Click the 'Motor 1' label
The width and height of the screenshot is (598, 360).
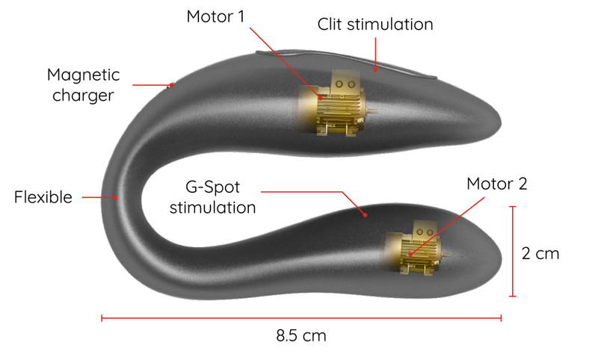(x=215, y=16)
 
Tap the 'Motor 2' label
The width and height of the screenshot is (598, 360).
(x=497, y=184)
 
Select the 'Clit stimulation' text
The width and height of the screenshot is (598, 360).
(x=375, y=25)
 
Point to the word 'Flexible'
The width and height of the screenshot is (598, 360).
(x=43, y=198)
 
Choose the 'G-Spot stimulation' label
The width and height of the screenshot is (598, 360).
(x=213, y=196)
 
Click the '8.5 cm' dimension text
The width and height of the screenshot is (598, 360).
(x=301, y=335)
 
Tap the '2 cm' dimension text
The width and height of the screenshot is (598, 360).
(x=540, y=253)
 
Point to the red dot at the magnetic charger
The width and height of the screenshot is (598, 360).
(x=170, y=85)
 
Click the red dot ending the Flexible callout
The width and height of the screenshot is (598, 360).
(x=116, y=197)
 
